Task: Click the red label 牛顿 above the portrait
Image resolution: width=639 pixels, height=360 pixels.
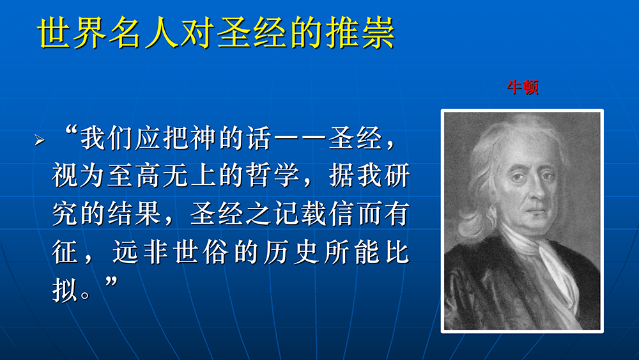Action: (x=523, y=87)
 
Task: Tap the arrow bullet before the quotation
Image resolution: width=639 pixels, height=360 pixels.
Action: (x=40, y=140)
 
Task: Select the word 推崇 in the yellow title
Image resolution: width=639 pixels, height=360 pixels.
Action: (x=360, y=33)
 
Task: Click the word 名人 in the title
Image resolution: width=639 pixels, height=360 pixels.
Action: (x=144, y=33)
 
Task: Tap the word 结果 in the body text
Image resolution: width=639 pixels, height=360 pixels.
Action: (x=134, y=214)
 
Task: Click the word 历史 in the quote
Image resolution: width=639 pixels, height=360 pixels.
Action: (x=291, y=252)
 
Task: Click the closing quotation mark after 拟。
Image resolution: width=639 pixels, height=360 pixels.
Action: (x=111, y=281)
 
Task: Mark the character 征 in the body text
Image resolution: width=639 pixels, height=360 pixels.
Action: (x=65, y=252)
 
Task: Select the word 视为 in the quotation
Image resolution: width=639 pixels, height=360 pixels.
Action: (x=79, y=176)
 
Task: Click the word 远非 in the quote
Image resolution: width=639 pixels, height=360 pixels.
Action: (x=140, y=252)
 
